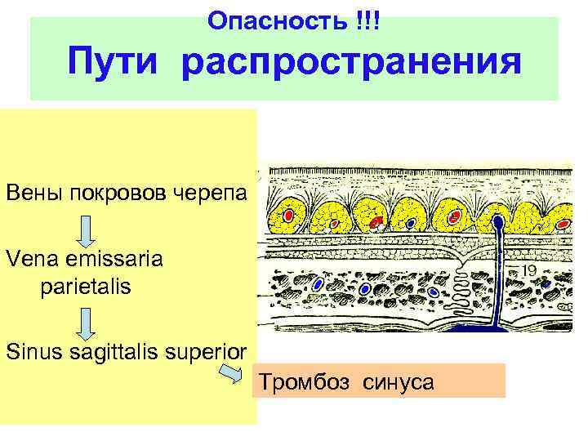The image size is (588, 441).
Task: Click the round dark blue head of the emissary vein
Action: click(496, 219)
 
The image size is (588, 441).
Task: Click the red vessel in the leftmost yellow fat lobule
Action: click(289, 215)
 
